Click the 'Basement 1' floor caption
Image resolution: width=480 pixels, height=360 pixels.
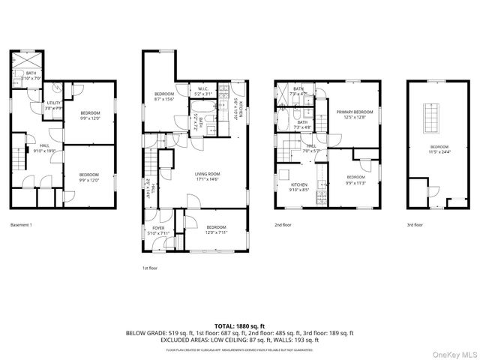[22, 224]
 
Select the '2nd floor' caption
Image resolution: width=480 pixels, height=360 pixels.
[283, 224]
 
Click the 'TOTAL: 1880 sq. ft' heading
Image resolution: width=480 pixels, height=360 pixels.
[239, 325]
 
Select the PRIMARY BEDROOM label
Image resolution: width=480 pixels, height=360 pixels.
[349, 113]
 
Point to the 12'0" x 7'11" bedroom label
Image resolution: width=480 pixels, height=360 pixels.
[216, 229]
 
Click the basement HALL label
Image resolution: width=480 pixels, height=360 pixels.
[44, 148]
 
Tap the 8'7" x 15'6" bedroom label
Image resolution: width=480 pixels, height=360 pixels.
[163, 96]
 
